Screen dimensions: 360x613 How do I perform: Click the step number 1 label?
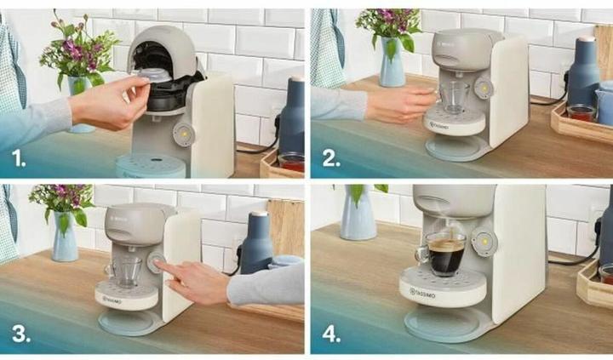click(18, 157)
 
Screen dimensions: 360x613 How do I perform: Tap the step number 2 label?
click(329, 157)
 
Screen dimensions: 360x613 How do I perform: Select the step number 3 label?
click(19, 333)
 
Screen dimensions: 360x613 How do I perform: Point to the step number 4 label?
click(329, 333)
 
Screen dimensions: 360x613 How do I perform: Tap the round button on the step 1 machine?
click(183, 133)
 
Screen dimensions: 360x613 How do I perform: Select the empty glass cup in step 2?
click(452, 97)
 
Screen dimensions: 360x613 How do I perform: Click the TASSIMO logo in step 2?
click(439, 125)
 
